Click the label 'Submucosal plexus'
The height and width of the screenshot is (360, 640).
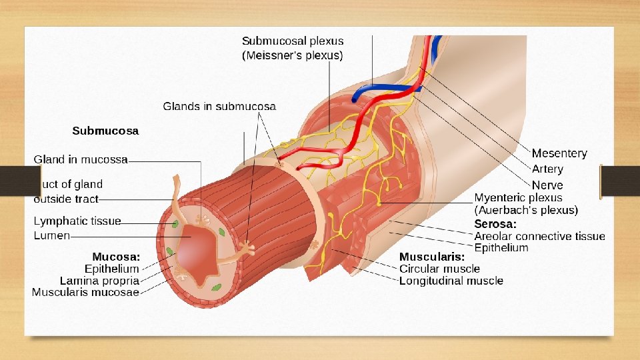point(293,41)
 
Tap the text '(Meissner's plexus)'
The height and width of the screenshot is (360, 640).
point(292,55)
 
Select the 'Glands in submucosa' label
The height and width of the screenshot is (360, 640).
point(219,107)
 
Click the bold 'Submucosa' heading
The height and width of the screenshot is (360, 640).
point(105,131)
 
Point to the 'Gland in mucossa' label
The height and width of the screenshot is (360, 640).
point(81,159)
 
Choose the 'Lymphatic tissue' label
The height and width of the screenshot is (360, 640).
point(77,221)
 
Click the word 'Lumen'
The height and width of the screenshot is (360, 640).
point(51,236)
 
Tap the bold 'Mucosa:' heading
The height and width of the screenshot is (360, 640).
point(116,257)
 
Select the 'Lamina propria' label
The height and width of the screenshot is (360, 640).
point(99,281)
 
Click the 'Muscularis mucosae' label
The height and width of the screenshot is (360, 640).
point(85,292)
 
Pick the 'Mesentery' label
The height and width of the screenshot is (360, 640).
point(559,153)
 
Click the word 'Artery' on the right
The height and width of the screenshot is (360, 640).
point(547,169)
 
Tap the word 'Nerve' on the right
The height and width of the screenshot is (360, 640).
point(547,185)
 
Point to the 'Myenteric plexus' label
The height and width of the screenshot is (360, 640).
point(518,198)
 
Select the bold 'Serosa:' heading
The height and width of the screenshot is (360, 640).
point(495,224)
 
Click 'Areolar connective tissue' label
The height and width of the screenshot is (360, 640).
point(539,236)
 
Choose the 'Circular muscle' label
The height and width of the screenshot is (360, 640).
point(439,269)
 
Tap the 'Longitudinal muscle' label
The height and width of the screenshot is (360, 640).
point(451,281)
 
